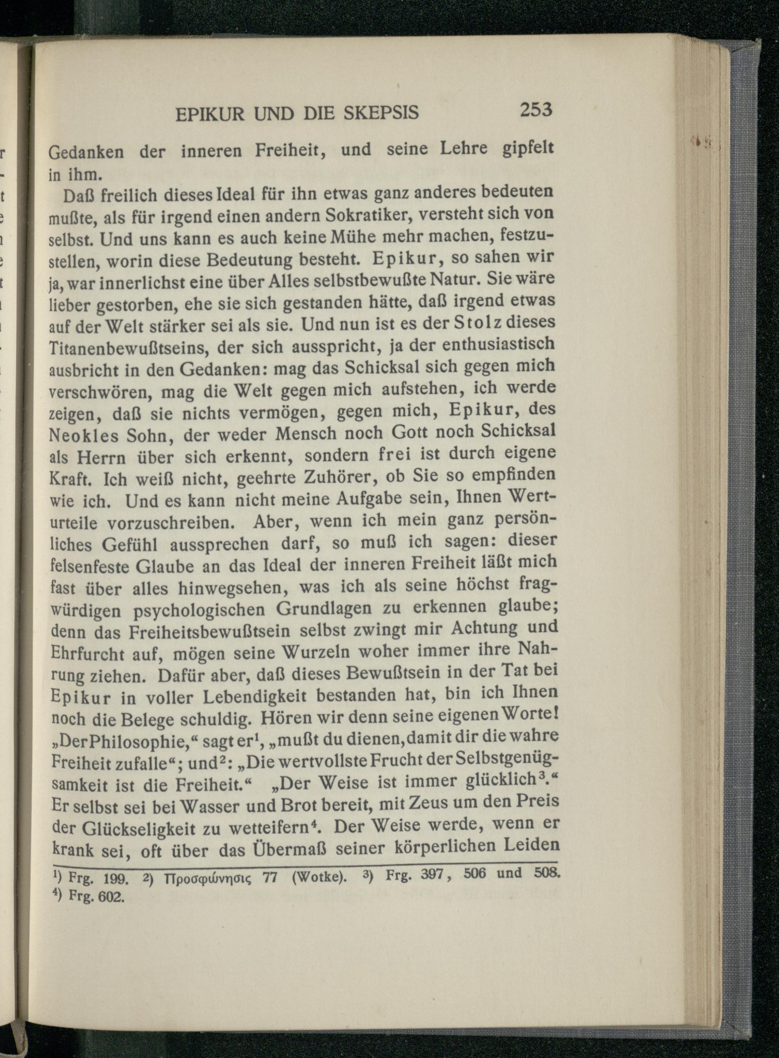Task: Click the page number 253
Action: pyautogui.click(x=535, y=110)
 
